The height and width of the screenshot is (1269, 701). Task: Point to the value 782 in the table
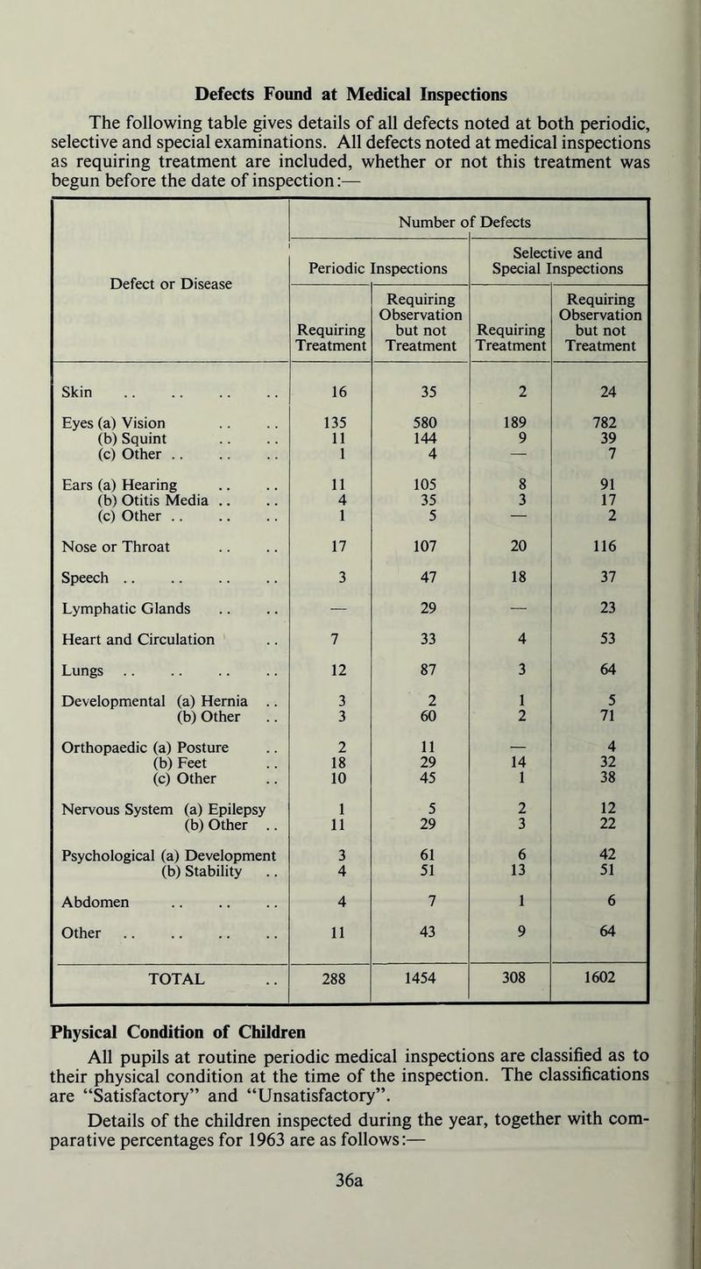(602, 430)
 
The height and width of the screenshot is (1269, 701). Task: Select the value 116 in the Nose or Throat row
(602, 553)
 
